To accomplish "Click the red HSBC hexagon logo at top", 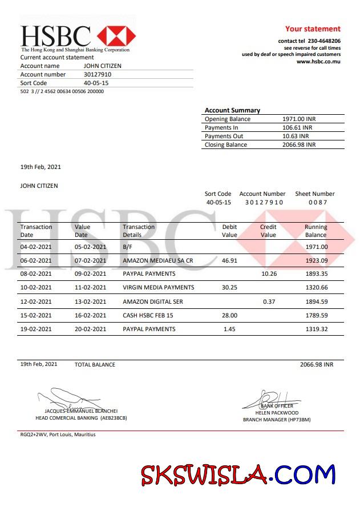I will point(116,35).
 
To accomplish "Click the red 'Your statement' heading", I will point(313,29).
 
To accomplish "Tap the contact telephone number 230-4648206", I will point(324,41).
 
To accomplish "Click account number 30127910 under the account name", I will point(98,74).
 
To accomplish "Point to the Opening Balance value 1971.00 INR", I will point(299,119).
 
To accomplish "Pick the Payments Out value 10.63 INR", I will point(296,136).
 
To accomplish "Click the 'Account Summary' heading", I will point(232,110).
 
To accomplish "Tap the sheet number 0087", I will point(317,202).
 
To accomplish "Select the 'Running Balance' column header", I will point(315,231).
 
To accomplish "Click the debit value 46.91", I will point(229,260).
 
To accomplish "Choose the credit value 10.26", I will point(269,274).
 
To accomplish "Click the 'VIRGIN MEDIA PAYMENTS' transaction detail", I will point(159,288).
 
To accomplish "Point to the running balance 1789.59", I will point(316,315).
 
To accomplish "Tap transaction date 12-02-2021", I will point(36,301).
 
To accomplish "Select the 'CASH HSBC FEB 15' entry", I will point(148,315).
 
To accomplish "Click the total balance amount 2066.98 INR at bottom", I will point(316,364).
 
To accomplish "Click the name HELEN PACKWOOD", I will point(277,412).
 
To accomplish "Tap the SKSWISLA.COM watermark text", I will point(238,474).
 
